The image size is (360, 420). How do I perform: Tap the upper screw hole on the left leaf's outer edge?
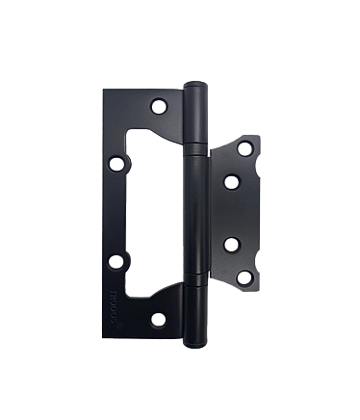pos(116,163)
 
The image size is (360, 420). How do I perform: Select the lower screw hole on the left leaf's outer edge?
pos(116,259)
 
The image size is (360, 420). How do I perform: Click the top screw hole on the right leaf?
pos(244,148)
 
